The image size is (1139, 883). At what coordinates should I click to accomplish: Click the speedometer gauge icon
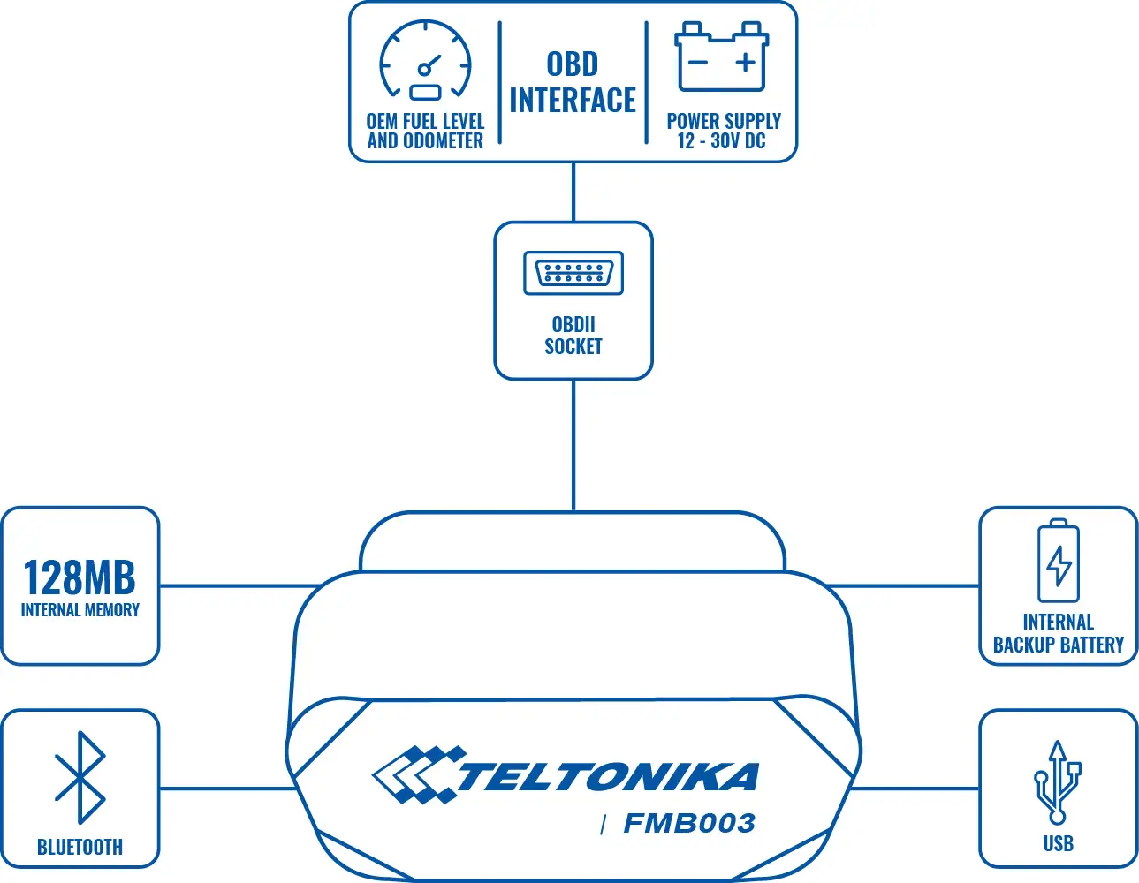click(425, 60)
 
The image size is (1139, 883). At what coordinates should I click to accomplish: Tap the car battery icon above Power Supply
click(721, 57)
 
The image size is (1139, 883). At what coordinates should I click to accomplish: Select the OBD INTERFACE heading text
click(573, 82)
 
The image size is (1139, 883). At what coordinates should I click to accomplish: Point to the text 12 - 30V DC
click(721, 141)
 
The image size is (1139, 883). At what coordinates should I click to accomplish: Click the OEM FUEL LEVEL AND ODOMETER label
click(425, 131)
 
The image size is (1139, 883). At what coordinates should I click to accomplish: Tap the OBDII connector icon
click(573, 273)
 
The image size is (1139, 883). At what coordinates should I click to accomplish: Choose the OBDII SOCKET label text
click(573, 336)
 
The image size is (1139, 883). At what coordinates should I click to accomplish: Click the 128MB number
click(80, 578)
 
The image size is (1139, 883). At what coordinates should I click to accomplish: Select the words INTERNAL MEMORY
click(80, 610)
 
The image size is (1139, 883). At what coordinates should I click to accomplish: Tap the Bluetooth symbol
click(80, 777)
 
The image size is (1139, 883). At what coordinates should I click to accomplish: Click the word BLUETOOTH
click(80, 848)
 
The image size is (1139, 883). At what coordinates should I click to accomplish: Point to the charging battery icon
click(1058, 562)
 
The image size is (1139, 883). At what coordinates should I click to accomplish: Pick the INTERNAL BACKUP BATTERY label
click(1058, 634)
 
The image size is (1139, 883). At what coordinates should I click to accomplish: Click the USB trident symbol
click(1058, 782)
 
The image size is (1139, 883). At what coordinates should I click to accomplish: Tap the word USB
click(1058, 844)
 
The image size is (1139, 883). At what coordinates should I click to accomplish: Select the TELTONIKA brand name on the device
click(608, 777)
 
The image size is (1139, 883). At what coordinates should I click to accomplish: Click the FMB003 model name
click(689, 824)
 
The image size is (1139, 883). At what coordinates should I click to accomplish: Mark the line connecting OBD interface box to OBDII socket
click(573, 192)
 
